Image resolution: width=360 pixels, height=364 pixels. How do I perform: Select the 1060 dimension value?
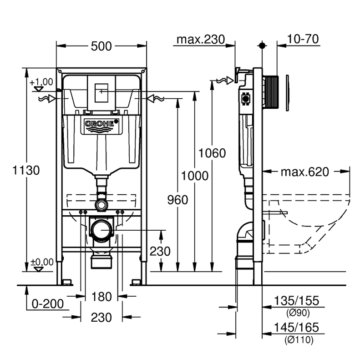pos(212,153)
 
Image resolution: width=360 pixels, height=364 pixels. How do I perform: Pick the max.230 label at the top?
pos(201,40)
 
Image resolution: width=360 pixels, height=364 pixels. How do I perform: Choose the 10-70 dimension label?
pos(303,40)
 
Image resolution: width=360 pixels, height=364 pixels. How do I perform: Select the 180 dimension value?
pos(101,297)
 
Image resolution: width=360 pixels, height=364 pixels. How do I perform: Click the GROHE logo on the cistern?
pos(101,123)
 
